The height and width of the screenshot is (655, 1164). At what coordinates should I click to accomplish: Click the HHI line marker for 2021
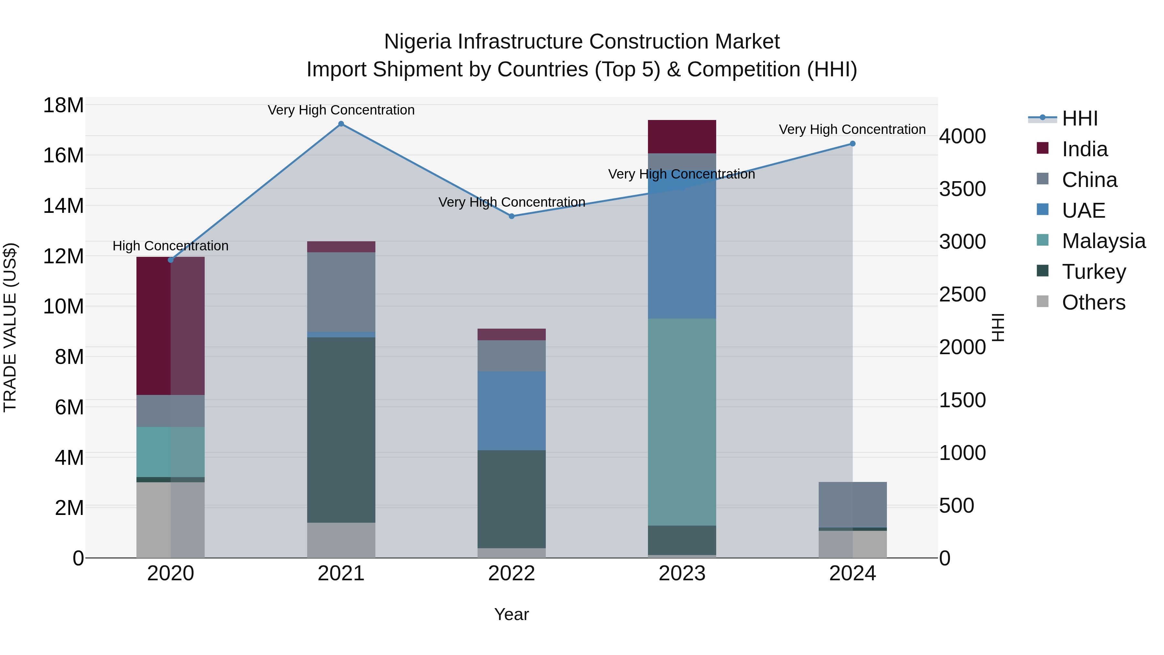(341, 124)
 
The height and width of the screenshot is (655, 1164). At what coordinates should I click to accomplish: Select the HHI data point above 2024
(852, 144)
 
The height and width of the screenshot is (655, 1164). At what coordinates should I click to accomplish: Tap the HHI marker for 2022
(512, 216)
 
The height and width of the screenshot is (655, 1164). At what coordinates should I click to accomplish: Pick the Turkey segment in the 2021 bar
(341, 430)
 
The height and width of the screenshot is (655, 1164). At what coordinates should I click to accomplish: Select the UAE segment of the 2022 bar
(512, 410)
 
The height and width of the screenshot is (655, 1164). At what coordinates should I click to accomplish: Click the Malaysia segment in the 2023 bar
(682, 422)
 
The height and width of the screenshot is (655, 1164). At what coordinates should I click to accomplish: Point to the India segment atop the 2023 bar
(682, 136)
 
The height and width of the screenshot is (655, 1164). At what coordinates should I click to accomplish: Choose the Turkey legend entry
(1094, 272)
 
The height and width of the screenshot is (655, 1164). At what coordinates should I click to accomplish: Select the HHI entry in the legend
(1080, 118)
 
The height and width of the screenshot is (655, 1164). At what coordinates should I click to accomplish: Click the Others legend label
(1094, 302)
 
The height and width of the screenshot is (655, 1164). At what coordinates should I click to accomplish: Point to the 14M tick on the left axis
(63, 206)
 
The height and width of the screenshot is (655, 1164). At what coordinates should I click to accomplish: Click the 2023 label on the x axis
(682, 573)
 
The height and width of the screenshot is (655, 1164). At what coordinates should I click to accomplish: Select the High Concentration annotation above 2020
(170, 246)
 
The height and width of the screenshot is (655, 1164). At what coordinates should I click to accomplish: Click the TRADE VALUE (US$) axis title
(10, 327)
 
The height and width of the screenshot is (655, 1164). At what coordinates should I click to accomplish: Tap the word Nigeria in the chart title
(417, 42)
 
